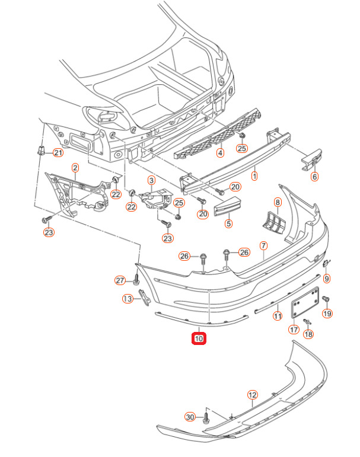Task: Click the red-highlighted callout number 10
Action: pyautogui.click(x=199, y=338)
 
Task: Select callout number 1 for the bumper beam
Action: pyautogui.click(x=254, y=176)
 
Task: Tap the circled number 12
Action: pyautogui.click(x=252, y=395)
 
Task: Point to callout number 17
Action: pyautogui.click(x=294, y=330)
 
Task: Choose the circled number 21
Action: pyautogui.click(x=58, y=152)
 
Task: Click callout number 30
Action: pyautogui.click(x=190, y=417)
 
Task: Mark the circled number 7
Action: pyautogui.click(x=263, y=246)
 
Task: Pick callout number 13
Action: pyautogui.click(x=128, y=299)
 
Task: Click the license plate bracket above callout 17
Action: pyautogui.click(x=305, y=302)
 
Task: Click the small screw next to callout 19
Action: pyautogui.click(x=325, y=299)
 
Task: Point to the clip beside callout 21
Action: pyautogui.click(x=42, y=150)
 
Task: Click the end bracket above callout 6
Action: pyautogui.click(x=311, y=159)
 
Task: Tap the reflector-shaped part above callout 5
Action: pyautogui.click(x=228, y=206)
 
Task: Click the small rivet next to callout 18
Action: pyautogui.click(x=307, y=321)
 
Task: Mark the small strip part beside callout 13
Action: pyautogui.click(x=144, y=298)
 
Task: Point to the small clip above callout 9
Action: pyautogui.click(x=326, y=263)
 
